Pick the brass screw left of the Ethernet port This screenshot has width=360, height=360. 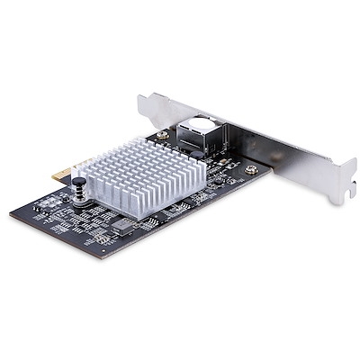pos(162,136)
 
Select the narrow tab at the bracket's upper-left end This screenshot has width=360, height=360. pos(144,101)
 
